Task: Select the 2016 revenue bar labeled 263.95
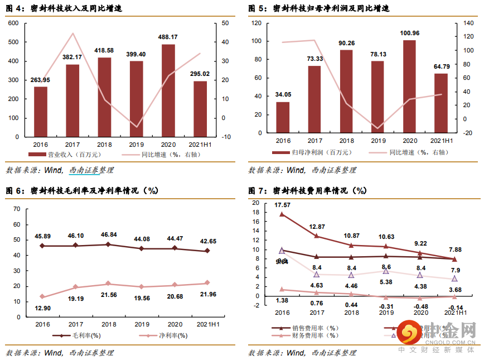[41, 112]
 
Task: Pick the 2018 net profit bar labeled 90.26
[346, 92]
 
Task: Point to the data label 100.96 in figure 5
[409, 33]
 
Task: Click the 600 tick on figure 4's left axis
[14, 23]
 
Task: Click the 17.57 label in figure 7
[283, 205]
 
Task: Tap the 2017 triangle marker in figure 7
[316, 274]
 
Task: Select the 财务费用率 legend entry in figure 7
[318, 335]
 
